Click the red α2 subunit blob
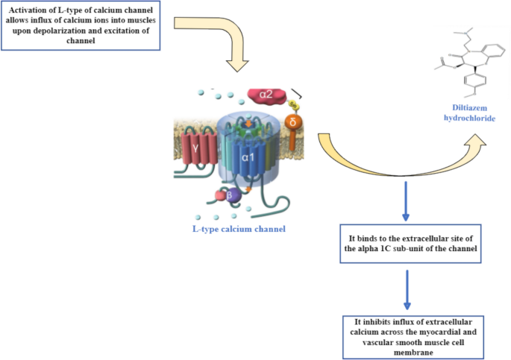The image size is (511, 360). coord(266,95)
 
